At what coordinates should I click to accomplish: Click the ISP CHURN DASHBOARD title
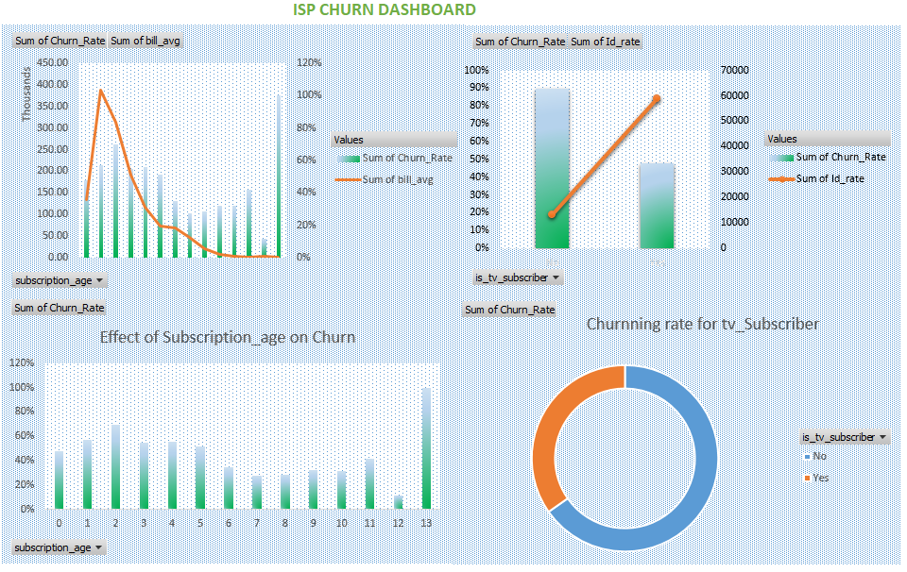[x=384, y=10]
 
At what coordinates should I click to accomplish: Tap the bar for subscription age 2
[x=115, y=467]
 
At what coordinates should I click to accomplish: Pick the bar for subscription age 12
[x=398, y=502]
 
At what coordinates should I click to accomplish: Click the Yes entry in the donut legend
[x=820, y=478]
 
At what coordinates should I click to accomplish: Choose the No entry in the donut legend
[x=818, y=457]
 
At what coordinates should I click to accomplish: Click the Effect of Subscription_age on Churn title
[x=227, y=337]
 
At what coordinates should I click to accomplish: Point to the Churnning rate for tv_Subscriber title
[x=702, y=324]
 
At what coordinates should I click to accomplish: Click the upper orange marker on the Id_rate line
[x=657, y=99]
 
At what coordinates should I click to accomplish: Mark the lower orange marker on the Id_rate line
[x=552, y=215]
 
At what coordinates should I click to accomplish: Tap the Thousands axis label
[x=26, y=98]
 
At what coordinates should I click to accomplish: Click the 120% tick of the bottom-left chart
[x=23, y=363]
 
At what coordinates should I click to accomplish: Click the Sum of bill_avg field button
[x=145, y=41]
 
